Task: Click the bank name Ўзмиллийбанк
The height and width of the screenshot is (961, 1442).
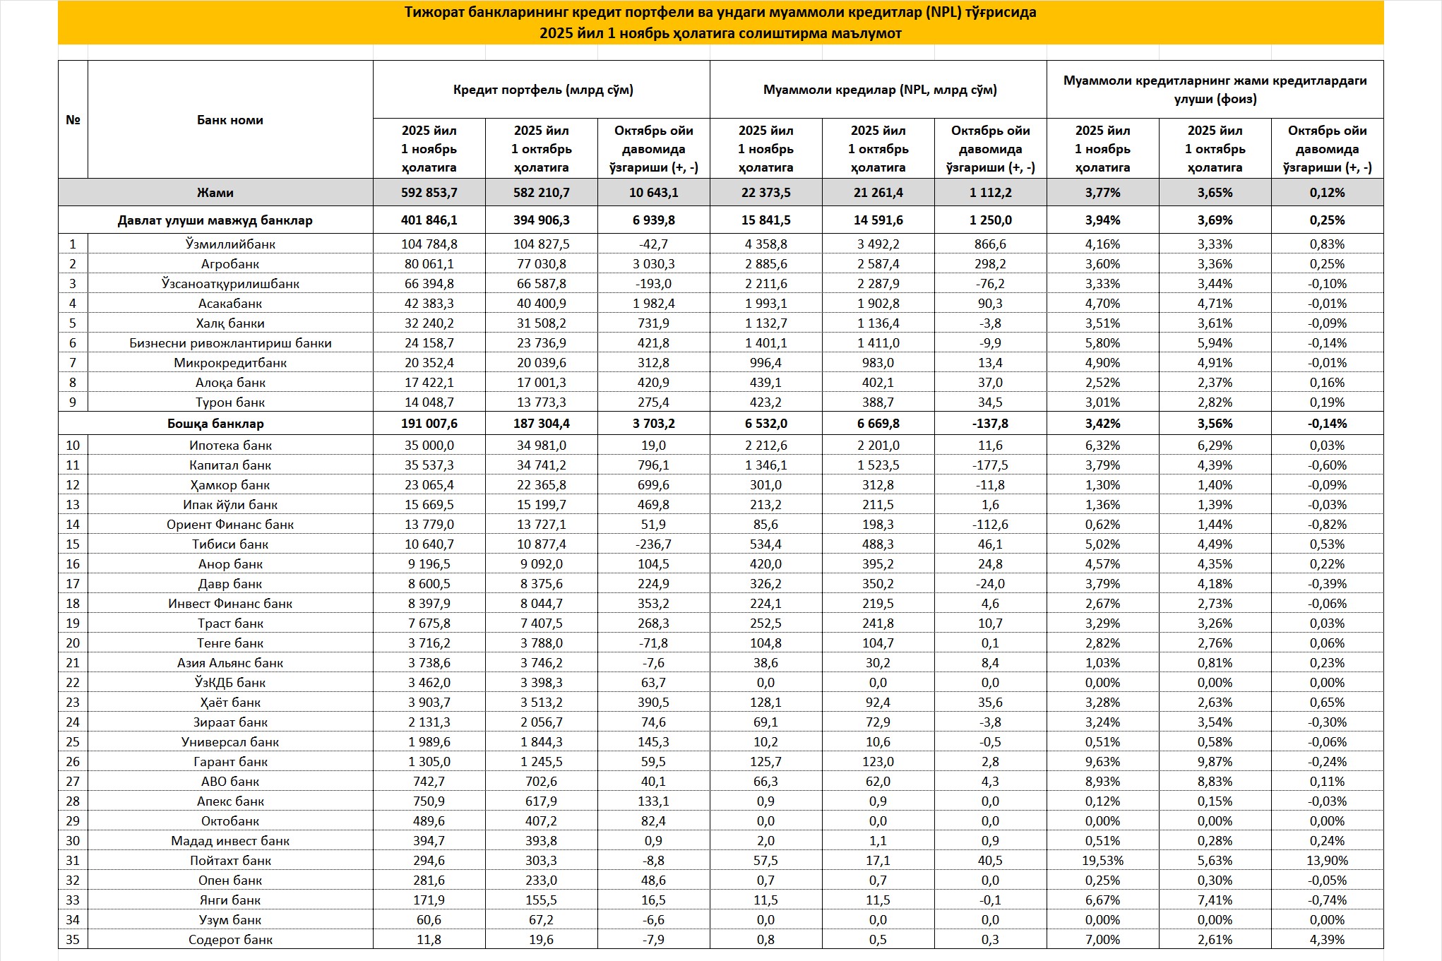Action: (x=230, y=244)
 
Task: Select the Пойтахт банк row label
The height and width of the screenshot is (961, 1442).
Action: (x=230, y=861)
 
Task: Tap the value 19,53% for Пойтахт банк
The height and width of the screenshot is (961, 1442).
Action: (x=1102, y=861)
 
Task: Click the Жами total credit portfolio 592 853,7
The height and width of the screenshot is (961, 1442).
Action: (x=429, y=193)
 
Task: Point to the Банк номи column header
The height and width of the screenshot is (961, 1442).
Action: (x=230, y=120)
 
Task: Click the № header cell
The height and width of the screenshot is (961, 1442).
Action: (x=73, y=120)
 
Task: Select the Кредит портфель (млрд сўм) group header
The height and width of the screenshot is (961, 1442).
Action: (x=542, y=90)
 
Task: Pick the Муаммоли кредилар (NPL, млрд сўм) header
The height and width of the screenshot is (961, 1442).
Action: (x=880, y=90)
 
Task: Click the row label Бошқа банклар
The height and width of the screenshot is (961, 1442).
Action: (x=215, y=424)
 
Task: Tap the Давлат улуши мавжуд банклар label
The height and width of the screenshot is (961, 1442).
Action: (x=215, y=220)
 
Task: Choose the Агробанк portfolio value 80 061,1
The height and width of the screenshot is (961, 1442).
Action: (x=429, y=264)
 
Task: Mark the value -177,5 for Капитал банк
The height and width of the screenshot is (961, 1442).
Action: (x=990, y=465)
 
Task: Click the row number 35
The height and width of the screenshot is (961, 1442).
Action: (x=73, y=940)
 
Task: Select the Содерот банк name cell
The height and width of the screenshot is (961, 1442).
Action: (x=230, y=940)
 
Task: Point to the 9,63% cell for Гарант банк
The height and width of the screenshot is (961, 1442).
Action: (x=1102, y=762)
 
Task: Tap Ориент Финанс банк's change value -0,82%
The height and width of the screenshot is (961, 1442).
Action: (x=1327, y=525)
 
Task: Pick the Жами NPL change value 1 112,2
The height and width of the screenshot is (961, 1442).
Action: (x=990, y=193)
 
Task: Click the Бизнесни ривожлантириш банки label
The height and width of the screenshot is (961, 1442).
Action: (x=230, y=343)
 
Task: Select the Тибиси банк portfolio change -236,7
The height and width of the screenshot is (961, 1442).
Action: (x=653, y=544)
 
